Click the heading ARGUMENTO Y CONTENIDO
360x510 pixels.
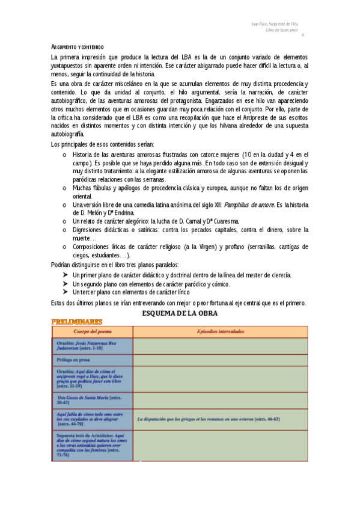click(78, 47)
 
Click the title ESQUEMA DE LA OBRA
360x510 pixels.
click(179, 313)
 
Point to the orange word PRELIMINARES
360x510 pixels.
click(77, 322)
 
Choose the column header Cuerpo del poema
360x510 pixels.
click(93, 331)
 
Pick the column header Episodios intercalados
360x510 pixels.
click(220, 331)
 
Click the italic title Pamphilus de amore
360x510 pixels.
click(249, 205)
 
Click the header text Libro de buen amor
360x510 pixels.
click(282, 29)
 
